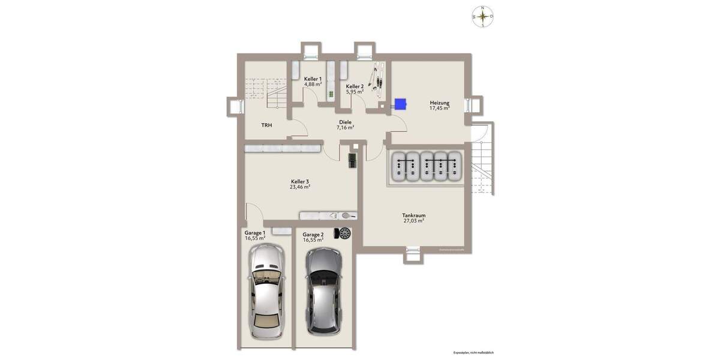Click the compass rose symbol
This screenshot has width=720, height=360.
click(x=482, y=17)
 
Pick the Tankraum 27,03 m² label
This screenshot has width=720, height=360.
click(x=414, y=218)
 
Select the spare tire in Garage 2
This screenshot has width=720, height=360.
click(x=344, y=233)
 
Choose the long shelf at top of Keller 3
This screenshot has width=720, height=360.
click(x=281, y=148)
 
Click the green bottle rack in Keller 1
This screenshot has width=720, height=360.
click(x=330, y=94)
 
